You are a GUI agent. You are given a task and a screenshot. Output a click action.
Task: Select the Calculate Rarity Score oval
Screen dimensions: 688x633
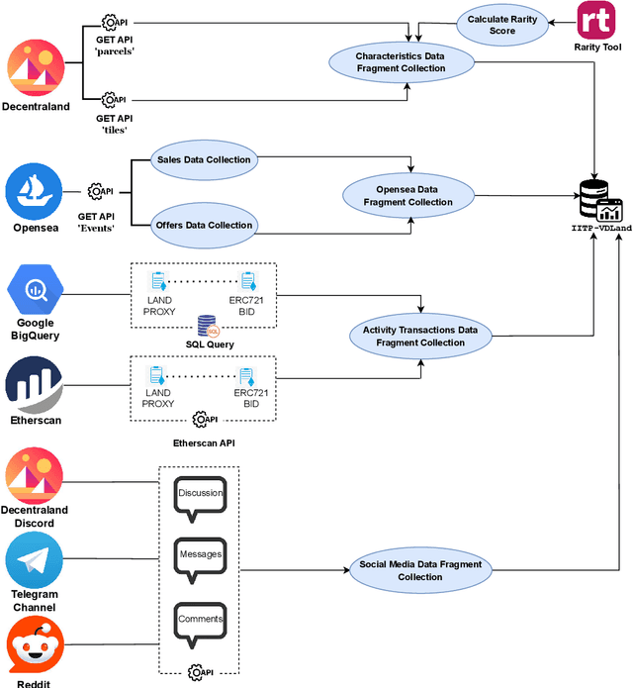[x=503, y=24]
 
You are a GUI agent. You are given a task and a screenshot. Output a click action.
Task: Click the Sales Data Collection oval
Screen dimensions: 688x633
[x=204, y=158]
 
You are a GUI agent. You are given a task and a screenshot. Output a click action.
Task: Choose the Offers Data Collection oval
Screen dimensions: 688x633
[x=204, y=225]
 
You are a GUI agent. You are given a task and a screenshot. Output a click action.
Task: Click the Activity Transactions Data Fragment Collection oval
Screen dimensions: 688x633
[x=419, y=336]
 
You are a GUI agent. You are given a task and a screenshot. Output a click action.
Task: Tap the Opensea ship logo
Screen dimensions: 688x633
[x=35, y=192]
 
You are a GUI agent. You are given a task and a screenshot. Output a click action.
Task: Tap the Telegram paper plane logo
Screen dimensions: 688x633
[x=35, y=560]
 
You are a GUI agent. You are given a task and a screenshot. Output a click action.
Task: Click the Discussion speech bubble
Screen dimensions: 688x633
[x=200, y=494]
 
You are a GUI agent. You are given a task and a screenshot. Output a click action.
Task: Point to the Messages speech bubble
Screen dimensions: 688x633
[x=200, y=555]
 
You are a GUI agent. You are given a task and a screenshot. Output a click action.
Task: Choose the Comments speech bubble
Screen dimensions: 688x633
[x=200, y=621]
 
